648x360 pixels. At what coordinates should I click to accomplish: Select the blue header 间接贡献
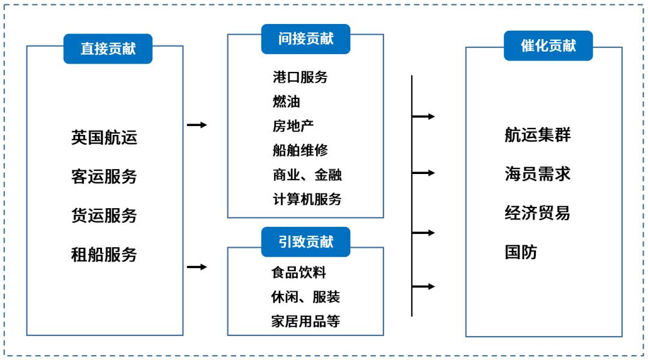305,39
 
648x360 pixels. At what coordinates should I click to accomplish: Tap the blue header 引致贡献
305,242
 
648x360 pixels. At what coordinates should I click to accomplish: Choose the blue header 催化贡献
548,46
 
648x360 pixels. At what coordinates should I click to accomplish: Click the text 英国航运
104,137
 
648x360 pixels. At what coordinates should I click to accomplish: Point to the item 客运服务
104,176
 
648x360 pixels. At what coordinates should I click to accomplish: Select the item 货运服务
104,215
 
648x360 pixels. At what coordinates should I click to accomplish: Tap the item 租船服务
104,254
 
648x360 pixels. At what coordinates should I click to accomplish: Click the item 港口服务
300,77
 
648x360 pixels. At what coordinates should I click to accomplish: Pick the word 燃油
286,101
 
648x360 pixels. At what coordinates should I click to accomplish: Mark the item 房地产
293,126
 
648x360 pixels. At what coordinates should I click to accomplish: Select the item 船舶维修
300,150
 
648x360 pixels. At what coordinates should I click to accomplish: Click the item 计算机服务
307,199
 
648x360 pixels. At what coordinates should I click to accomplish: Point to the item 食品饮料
299,272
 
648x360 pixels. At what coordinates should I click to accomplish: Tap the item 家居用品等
305,321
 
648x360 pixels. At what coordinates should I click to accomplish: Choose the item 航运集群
538,135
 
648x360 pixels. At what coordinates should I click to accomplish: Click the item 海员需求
538,174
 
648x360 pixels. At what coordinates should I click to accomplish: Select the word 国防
521,252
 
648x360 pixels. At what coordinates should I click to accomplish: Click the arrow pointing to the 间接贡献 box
197,125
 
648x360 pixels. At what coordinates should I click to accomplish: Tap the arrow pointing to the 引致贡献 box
197,267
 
